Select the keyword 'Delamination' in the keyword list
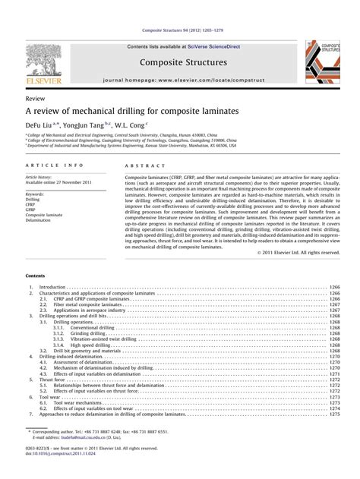pos(39,199)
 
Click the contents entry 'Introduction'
pos(52,288)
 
